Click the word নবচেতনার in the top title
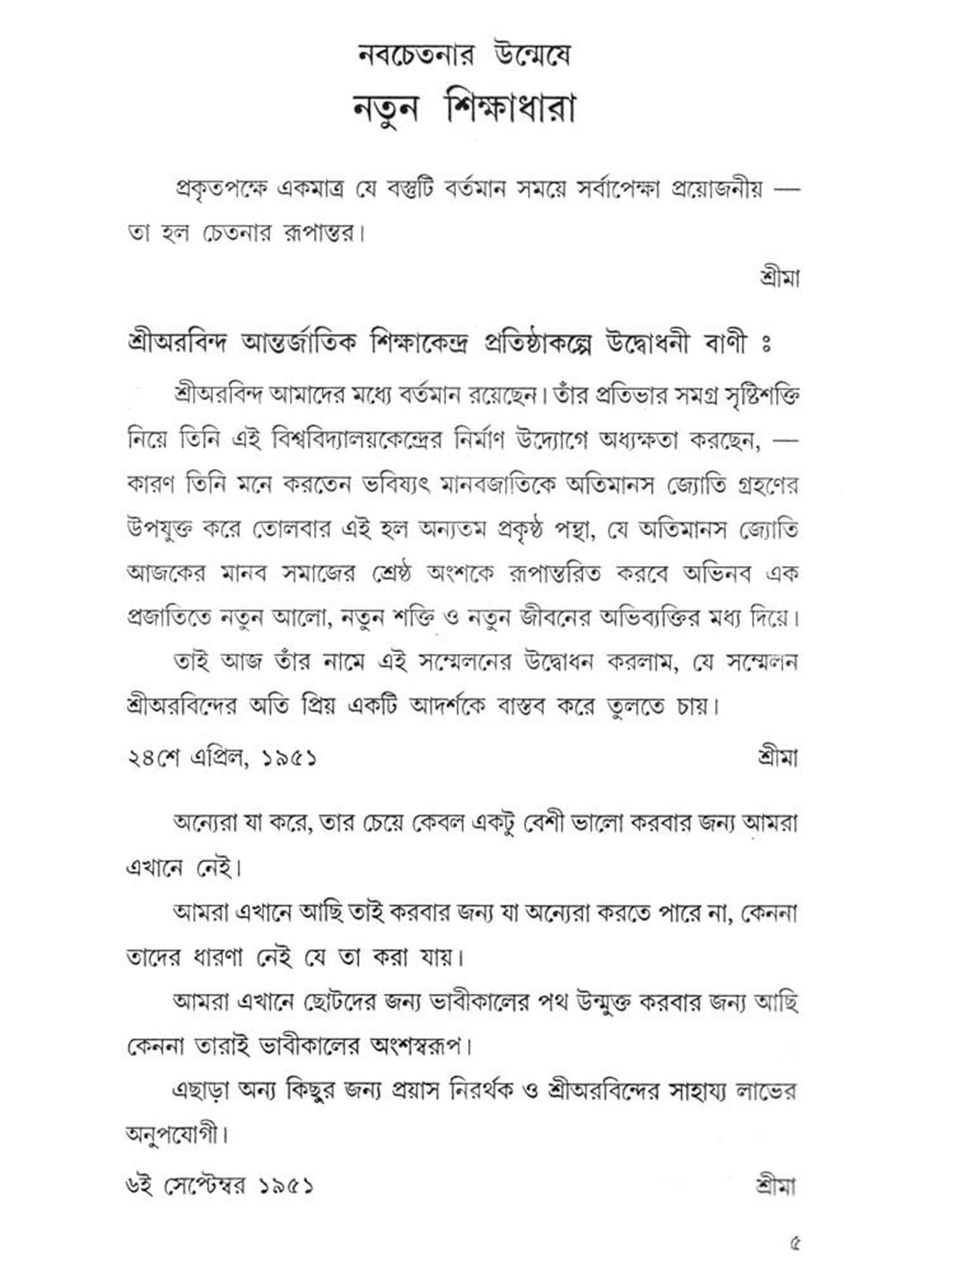[416, 56]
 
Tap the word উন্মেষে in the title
[529, 56]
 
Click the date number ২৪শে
[152, 758]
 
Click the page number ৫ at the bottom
[795, 1244]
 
